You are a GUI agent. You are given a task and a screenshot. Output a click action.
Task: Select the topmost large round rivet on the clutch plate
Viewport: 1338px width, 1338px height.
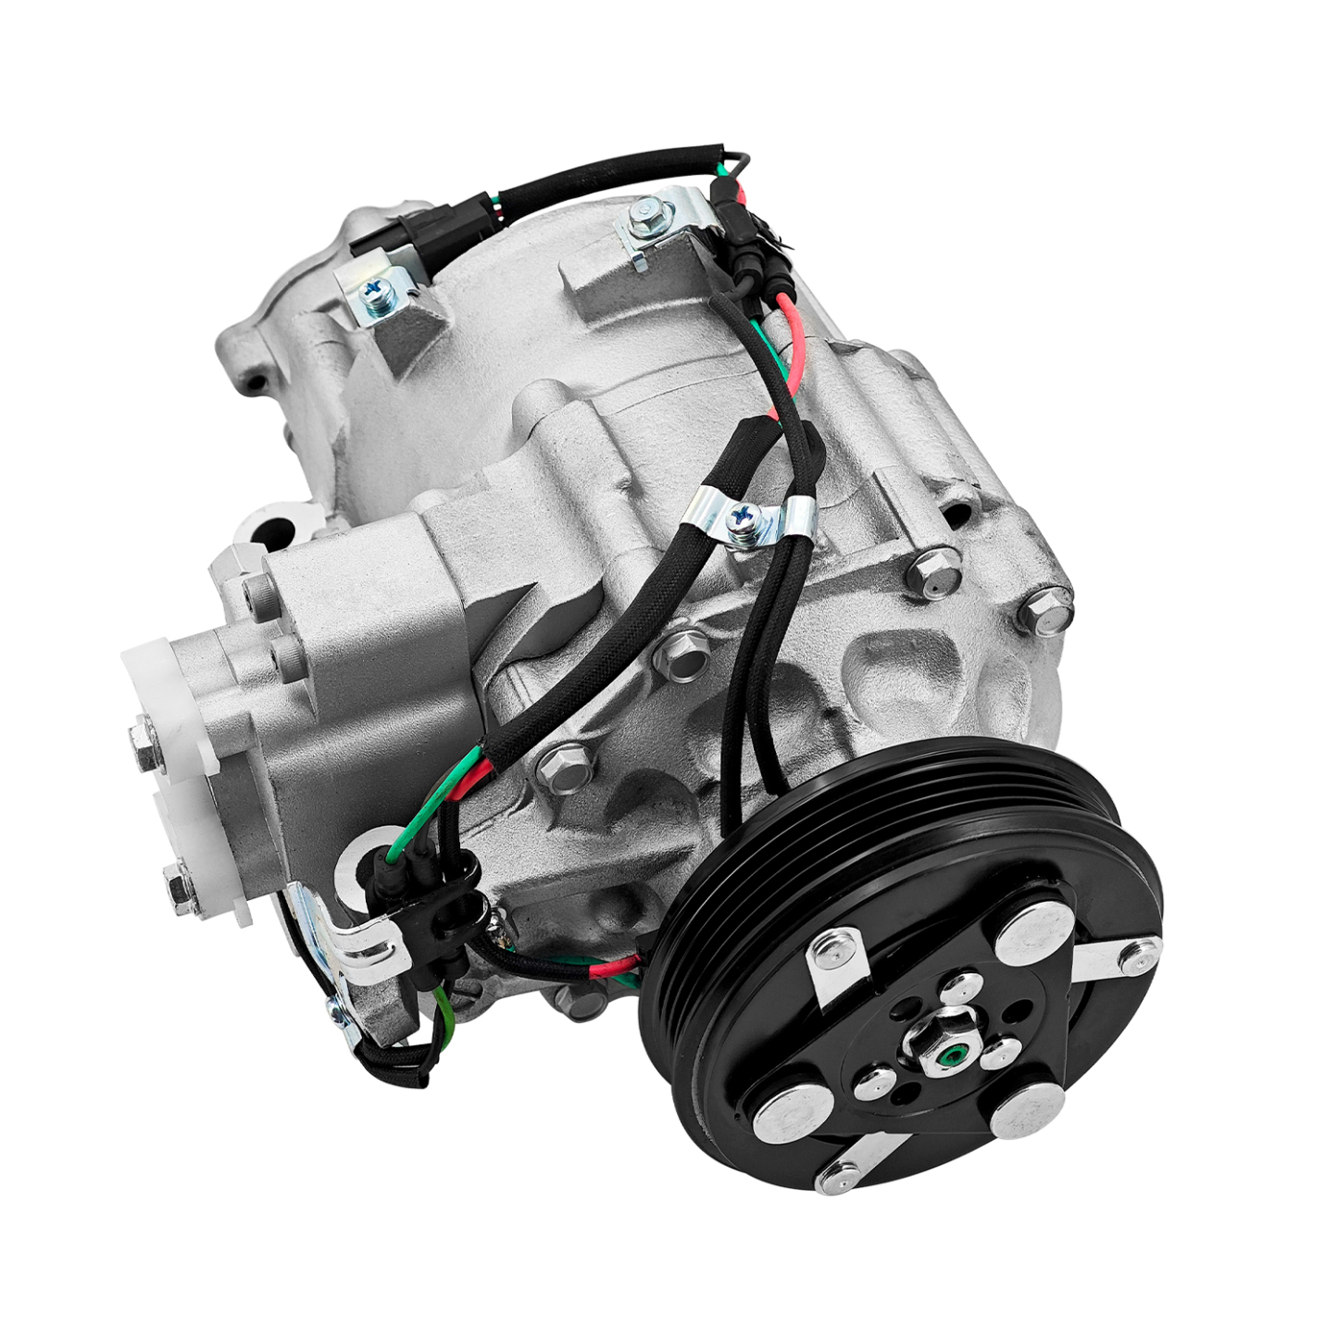point(1031,933)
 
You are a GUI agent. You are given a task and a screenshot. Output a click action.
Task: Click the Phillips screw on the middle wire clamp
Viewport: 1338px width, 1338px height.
point(743,518)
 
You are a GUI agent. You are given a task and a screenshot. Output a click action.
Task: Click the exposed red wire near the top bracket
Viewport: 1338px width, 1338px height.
point(793,338)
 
